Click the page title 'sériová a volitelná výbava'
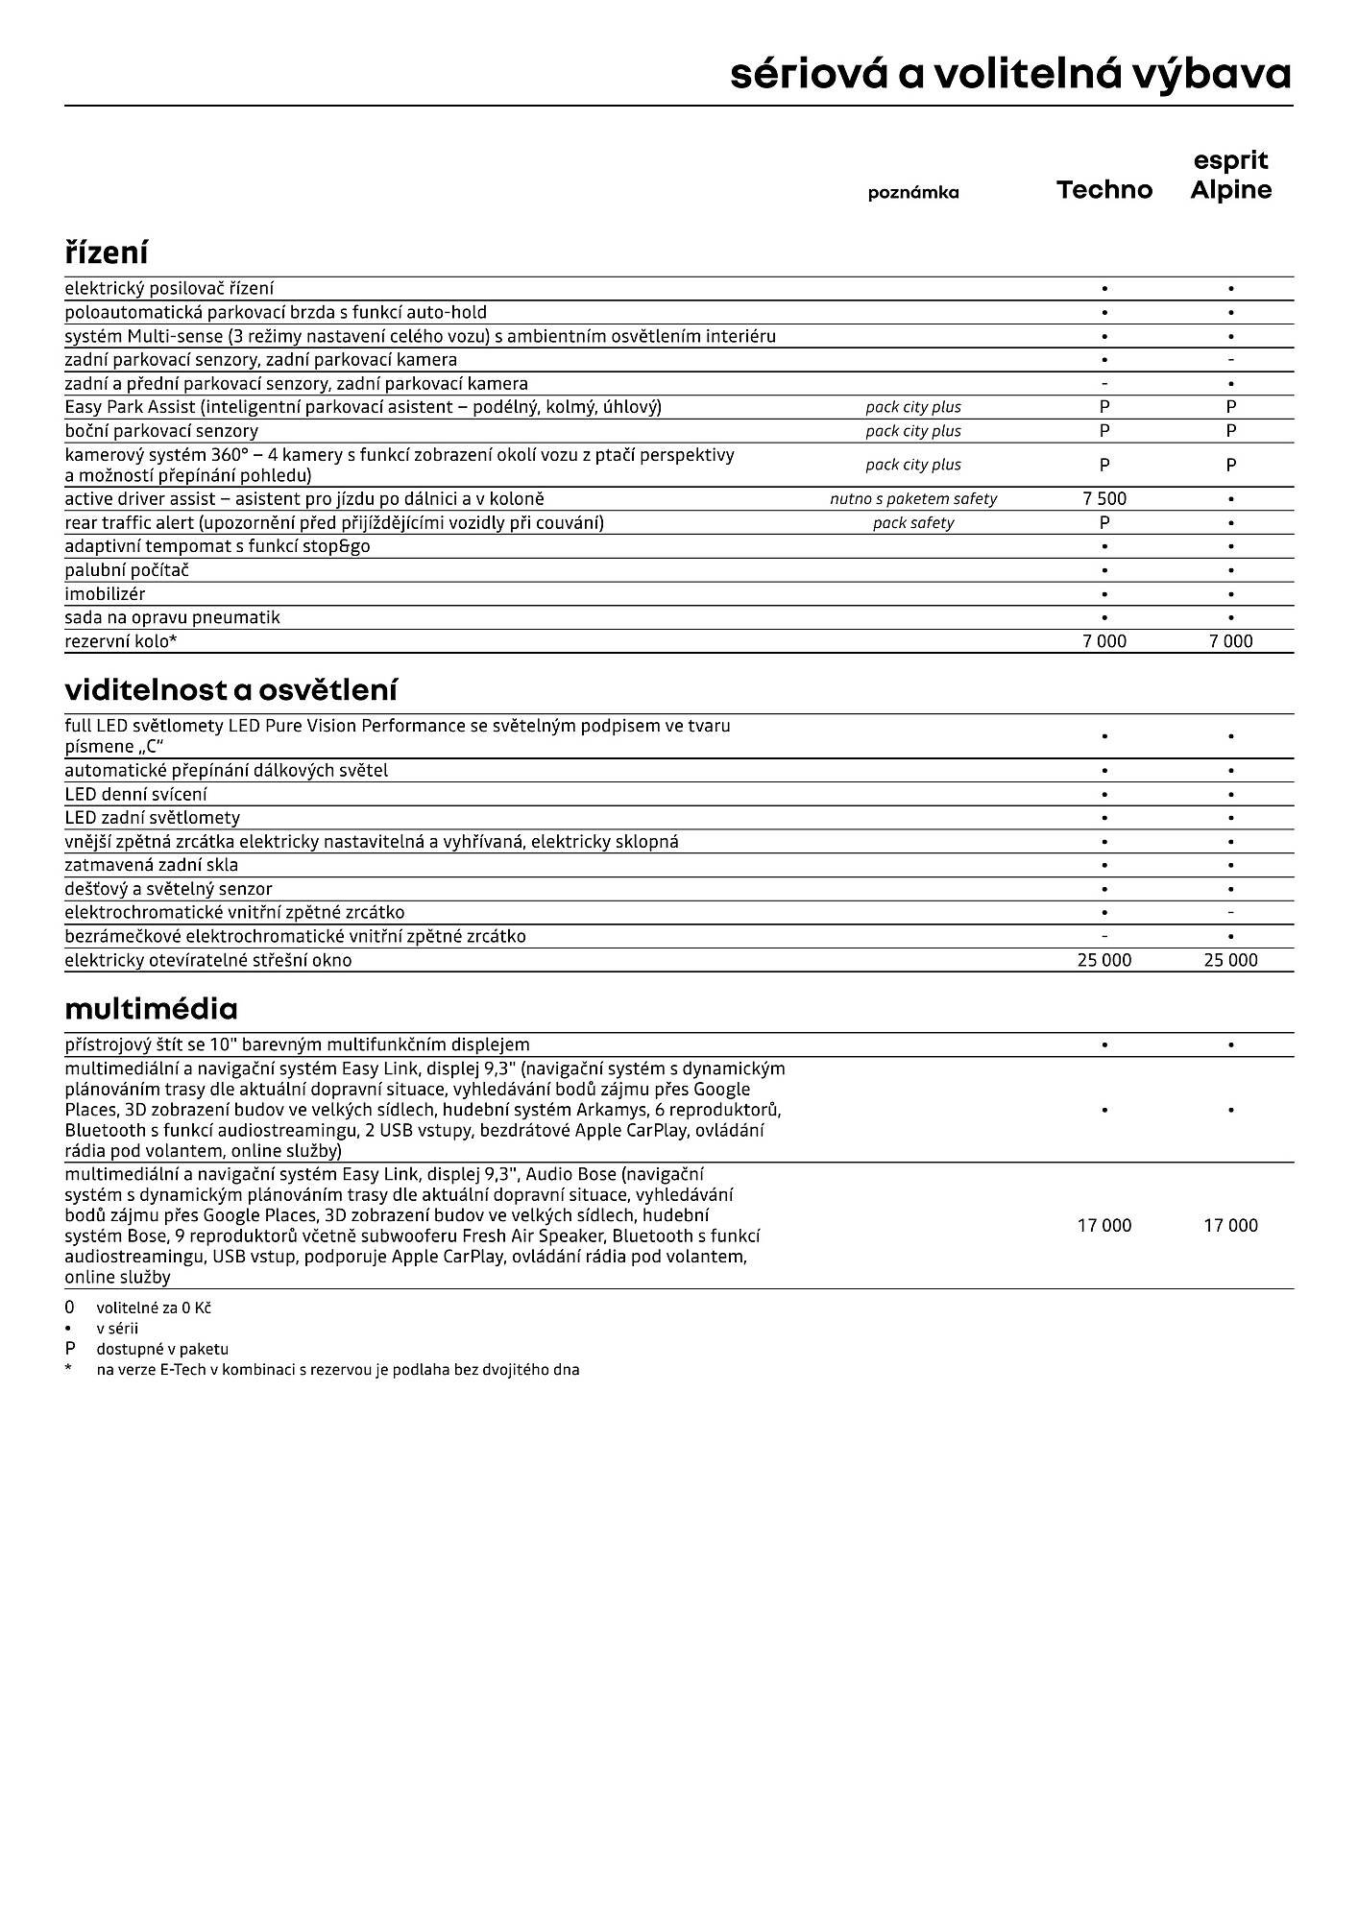click(1009, 74)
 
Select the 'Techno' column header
click(1103, 190)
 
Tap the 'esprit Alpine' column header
click(1230, 176)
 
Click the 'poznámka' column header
click(912, 193)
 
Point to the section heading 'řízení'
click(107, 253)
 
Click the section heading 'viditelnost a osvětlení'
click(230, 690)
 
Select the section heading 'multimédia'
click(151, 1009)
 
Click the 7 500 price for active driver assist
click(1104, 499)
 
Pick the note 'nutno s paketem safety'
click(912, 499)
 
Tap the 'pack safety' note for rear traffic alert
click(912, 523)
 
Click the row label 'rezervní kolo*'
click(121, 641)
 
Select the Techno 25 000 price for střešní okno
click(1104, 960)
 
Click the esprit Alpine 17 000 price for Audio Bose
click(1230, 1225)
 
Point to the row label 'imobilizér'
click(105, 594)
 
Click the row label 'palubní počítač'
click(127, 570)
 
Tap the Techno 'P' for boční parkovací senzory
click(1104, 431)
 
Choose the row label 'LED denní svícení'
click(135, 794)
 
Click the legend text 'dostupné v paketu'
click(162, 1349)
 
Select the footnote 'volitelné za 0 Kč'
click(154, 1308)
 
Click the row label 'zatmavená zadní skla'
click(151, 865)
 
